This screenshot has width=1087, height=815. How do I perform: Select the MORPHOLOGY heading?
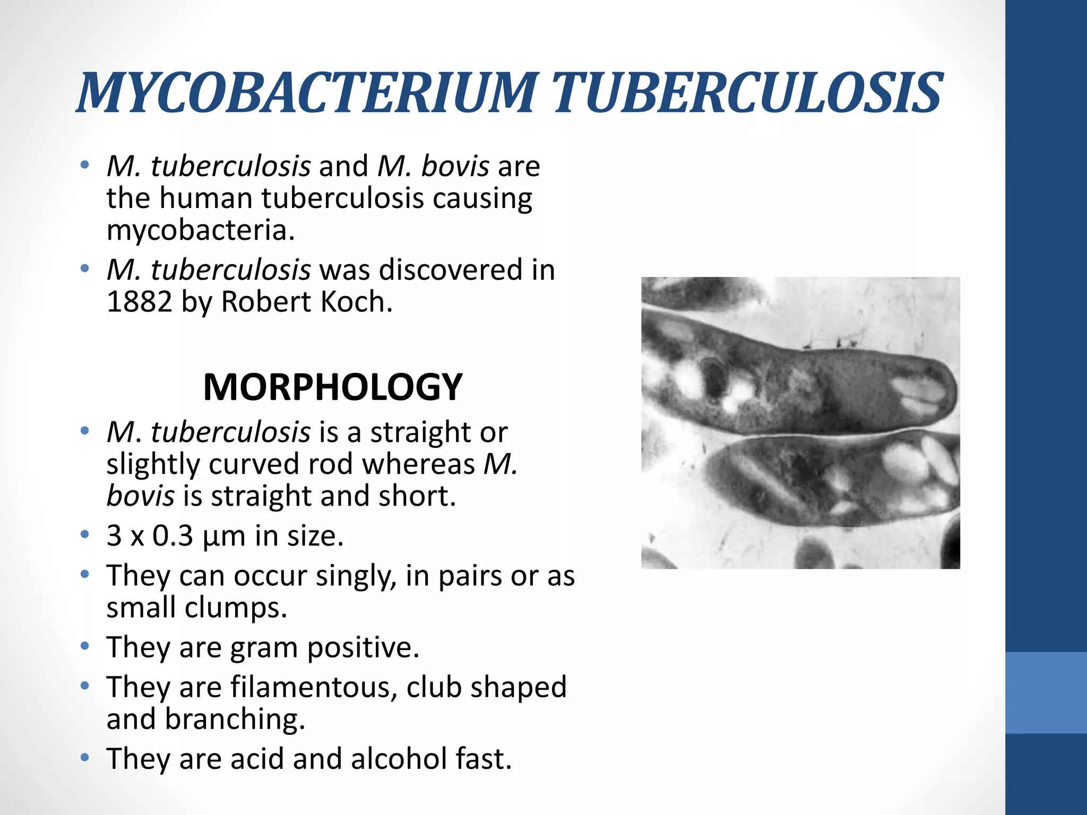[x=333, y=387]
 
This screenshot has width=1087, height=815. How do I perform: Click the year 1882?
[x=140, y=302]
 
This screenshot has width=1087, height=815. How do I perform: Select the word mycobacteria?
[x=200, y=230]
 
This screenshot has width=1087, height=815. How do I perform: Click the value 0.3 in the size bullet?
[x=173, y=536]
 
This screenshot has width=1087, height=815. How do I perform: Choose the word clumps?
[x=236, y=608]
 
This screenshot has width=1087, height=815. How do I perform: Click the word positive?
[x=363, y=648]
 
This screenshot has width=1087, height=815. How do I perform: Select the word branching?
[x=235, y=719]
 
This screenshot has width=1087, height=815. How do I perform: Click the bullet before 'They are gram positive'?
[x=84, y=647]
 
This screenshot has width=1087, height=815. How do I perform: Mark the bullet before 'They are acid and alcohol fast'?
[x=84, y=758]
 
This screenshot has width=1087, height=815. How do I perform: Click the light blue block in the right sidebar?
[x=1046, y=692]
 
